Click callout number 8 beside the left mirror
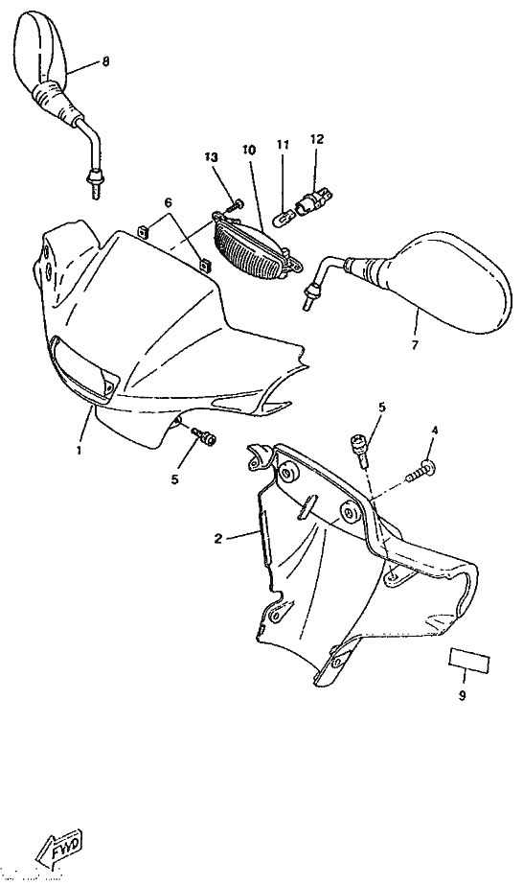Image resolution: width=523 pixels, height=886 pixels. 105,61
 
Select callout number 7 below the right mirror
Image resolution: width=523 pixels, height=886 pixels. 415,344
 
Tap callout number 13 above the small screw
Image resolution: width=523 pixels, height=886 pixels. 211,157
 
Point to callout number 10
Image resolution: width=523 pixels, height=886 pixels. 249,150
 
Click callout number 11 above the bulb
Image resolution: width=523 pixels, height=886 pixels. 283,145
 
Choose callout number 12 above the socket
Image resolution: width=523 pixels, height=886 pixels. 317,139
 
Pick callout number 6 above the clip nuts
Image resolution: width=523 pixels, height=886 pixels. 168,202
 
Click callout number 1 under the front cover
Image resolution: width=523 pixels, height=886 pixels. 79,451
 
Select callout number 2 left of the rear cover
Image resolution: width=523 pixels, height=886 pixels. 218,539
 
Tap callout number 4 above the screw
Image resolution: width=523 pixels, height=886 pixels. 435,431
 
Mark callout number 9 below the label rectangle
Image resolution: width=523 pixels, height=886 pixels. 462,696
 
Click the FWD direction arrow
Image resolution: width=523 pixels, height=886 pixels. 58,850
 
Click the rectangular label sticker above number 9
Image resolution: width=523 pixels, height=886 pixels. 469,660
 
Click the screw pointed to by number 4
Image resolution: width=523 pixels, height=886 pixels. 421,471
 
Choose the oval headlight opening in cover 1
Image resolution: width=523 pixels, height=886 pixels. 84,366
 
